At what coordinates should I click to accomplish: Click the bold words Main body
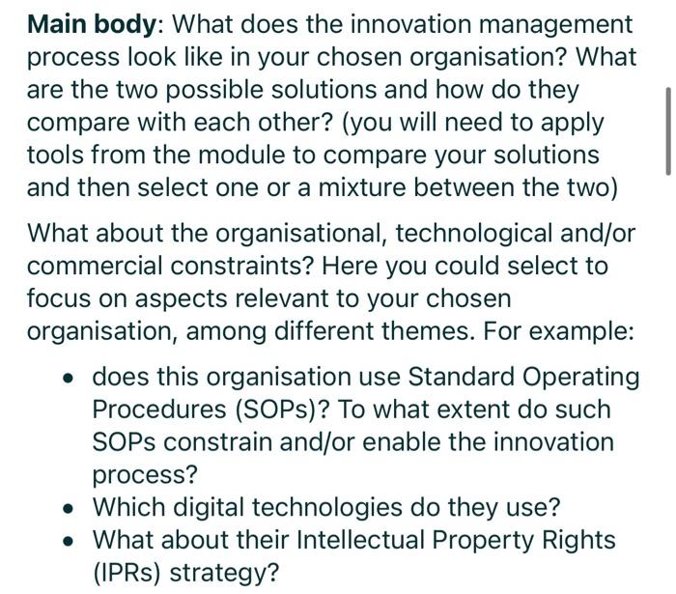[x=91, y=24]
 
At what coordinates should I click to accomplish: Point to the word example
[x=577, y=331]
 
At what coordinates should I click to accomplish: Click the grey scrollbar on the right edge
[x=668, y=130]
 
